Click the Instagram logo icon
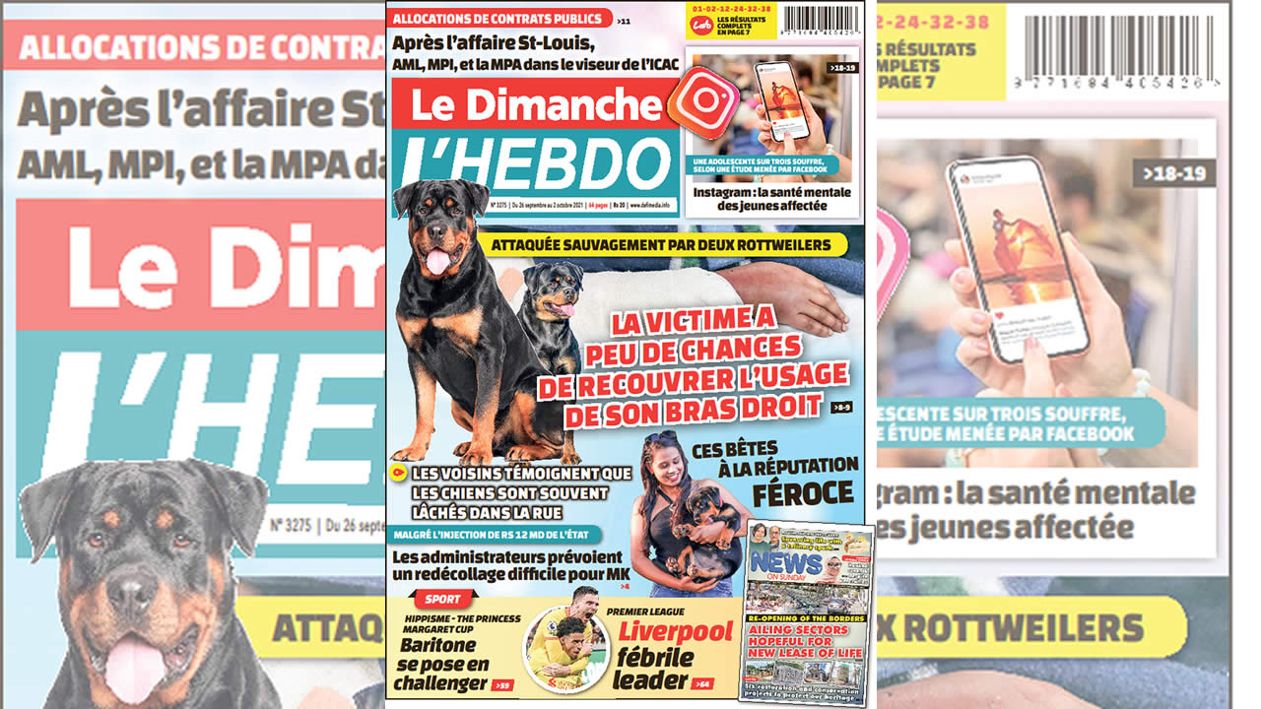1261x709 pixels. (702, 101)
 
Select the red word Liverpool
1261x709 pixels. (675, 631)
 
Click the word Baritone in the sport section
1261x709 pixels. (438, 646)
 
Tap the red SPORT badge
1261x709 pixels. (444, 599)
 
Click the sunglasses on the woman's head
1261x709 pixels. (662, 438)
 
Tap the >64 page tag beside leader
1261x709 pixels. (701, 683)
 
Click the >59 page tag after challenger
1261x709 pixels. (501, 684)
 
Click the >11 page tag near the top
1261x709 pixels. (625, 20)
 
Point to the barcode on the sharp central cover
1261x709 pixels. (821, 19)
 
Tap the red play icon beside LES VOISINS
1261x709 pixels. (398, 474)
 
